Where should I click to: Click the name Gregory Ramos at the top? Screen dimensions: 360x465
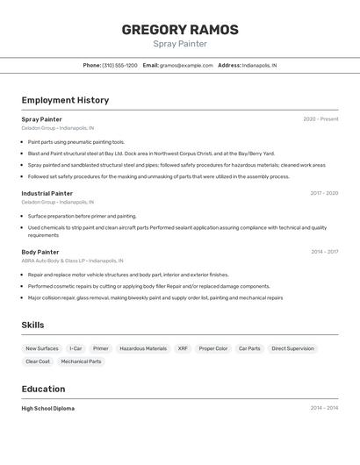click(180, 30)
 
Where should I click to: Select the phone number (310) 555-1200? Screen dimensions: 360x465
click(119, 65)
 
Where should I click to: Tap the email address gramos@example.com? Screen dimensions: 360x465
click(186, 65)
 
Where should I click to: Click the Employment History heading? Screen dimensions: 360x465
click(65, 100)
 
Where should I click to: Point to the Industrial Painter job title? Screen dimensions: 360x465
click(47, 193)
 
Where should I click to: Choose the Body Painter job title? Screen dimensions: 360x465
click(40, 252)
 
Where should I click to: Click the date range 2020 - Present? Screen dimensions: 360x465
click(320, 119)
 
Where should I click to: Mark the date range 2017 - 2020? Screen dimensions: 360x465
click(324, 193)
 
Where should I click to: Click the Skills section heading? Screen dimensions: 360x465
click(32, 325)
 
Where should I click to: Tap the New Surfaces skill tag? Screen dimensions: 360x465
click(42, 348)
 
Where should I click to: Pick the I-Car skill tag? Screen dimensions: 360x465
click(76, 348)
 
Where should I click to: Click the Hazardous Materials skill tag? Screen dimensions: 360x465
click(143, 348)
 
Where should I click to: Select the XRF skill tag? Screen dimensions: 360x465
click(183, 348)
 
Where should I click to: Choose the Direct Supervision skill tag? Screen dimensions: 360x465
click(292, 348)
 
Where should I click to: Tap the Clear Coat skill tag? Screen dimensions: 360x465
click(38, 361)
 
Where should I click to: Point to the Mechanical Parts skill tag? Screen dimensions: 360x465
click(81, 361)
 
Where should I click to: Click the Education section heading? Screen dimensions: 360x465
click(43, 389)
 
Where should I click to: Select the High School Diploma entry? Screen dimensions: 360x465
click(47, 408)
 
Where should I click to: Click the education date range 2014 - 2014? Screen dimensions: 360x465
click(324, 408)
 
